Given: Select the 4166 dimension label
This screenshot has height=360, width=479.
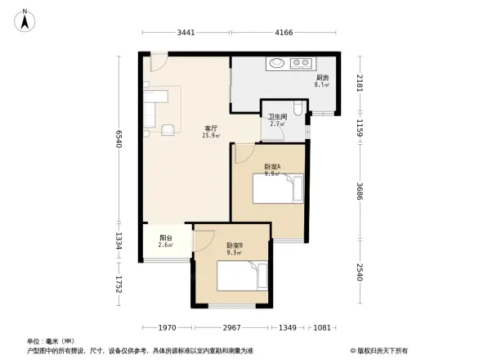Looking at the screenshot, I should pos(284,34).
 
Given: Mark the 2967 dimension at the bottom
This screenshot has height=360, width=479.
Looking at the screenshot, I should pos(231,328).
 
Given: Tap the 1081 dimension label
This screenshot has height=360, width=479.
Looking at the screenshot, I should pos(323,328).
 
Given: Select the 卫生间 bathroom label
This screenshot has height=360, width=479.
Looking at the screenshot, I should pos(277,119).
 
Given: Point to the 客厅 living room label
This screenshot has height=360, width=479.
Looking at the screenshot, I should pos(210,132).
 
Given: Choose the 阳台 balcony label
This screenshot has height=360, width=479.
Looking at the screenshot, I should pos(164,241).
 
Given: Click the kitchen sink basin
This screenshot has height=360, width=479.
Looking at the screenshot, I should pos(276,63).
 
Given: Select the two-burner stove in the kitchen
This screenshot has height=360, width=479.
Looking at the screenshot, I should pos(302,63).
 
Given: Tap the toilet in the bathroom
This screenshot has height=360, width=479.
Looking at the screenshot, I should pos(300,110).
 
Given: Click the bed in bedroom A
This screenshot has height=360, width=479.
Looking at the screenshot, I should pos(278,191).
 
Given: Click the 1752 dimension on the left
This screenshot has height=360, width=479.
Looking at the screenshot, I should pos(119,284).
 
